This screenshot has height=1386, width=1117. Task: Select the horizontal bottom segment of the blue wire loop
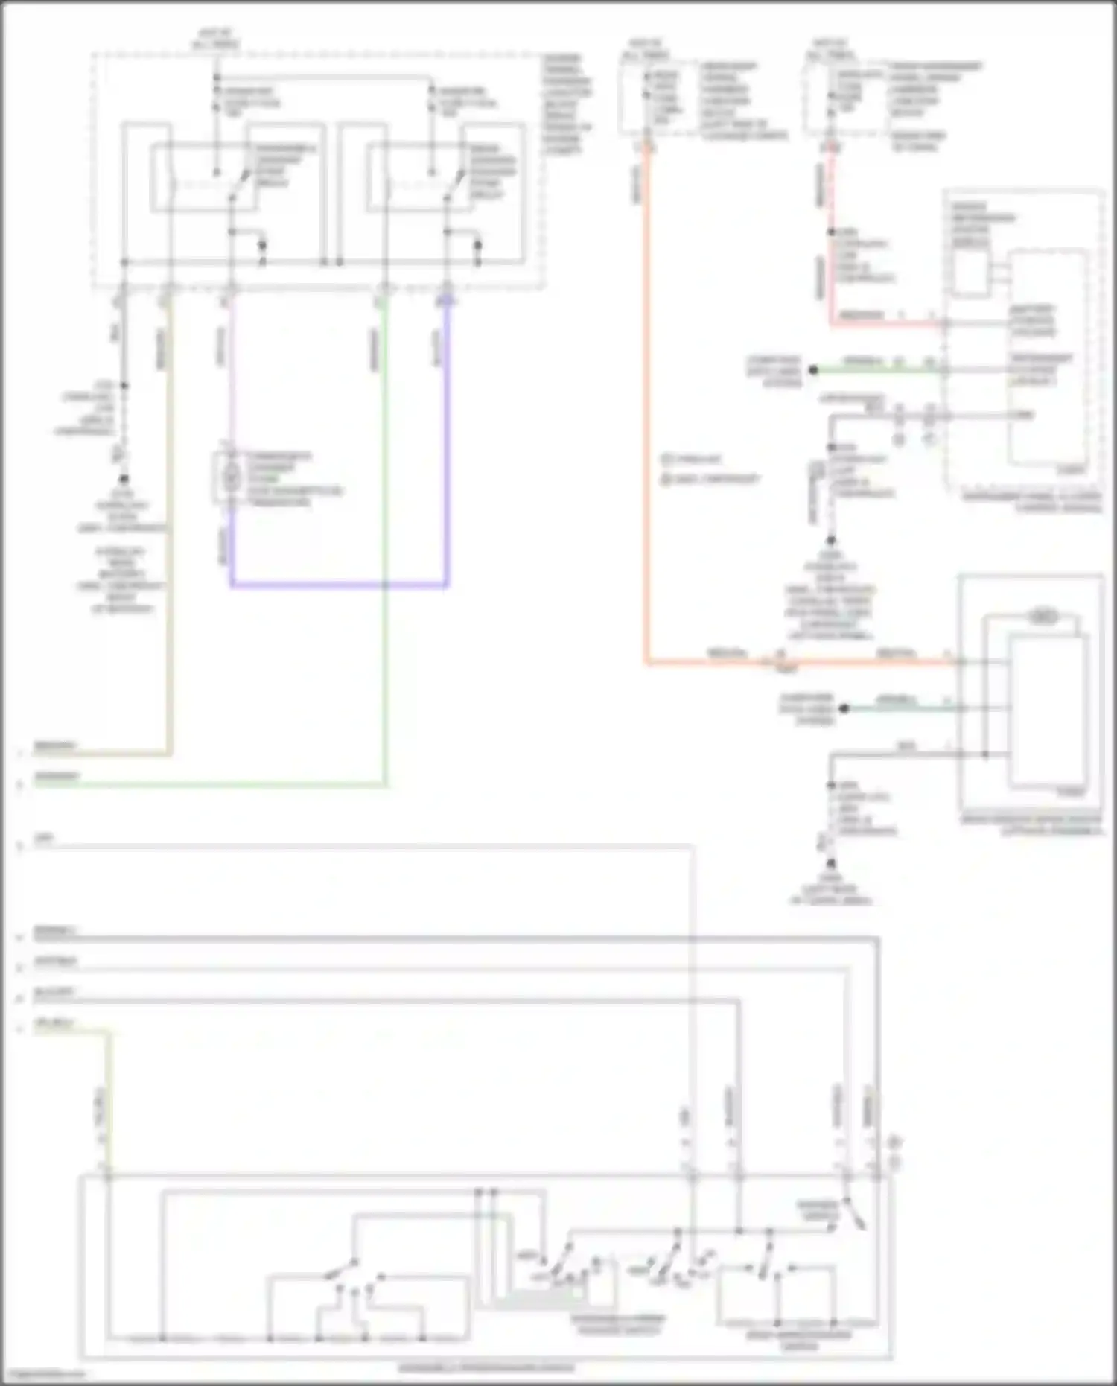coord(339,585)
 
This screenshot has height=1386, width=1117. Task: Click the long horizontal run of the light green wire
coord(209,784)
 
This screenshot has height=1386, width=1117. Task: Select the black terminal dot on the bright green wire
coord(814,370)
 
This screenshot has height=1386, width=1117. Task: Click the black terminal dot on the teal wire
coord(844,709)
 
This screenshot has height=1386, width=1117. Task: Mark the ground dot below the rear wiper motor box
coord(831,864)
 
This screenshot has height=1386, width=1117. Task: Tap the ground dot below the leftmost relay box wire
coord(124,480)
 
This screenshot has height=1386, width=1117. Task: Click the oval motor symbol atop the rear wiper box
coord(1043,617)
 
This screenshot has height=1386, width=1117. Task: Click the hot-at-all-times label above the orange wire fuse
coord(645,49)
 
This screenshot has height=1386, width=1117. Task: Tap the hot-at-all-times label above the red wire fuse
coord(830,49)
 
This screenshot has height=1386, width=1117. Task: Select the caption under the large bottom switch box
coord(486,1367)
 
